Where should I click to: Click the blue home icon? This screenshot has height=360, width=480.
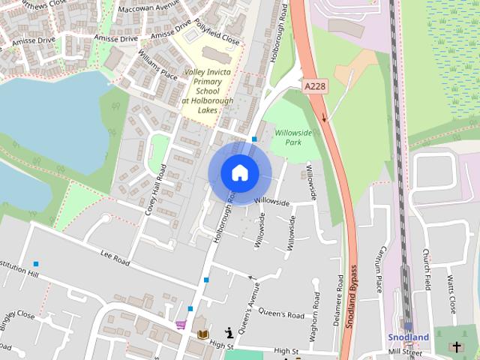point(239,172)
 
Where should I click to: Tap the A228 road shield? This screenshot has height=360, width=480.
point(315,88)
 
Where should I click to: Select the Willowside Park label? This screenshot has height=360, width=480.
point(293,137)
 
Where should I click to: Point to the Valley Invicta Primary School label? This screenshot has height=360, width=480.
point(207,86)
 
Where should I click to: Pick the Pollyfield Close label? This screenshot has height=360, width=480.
point(216,31)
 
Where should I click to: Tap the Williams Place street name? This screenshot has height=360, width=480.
point(158,64)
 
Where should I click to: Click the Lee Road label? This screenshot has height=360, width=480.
point(115,259)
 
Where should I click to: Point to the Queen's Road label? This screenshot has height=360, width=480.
point(281,313)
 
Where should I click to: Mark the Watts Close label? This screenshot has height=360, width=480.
point(451,295)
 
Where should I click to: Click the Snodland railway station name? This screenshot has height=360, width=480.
point(409,337)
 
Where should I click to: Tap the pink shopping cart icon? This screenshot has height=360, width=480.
point(181,325)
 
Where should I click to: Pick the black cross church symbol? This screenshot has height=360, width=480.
point(456,346)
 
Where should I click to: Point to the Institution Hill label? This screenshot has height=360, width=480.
point(16,270)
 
